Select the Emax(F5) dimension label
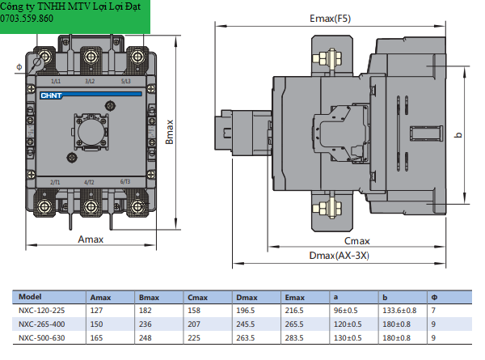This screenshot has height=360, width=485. click(x=331, y=18)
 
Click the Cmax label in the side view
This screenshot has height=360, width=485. click(x=356, y=241)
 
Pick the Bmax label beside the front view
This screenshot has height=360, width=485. click(x=171, y=133)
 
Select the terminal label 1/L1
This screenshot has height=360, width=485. click(x=56, y=82)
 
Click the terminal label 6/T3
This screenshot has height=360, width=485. click(x=125, y=183)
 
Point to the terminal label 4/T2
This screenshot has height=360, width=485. click(x=90, y=183)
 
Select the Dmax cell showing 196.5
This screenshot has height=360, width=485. click(x=246, y=310)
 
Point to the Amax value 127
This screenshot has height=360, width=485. click(x=97, y=310)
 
